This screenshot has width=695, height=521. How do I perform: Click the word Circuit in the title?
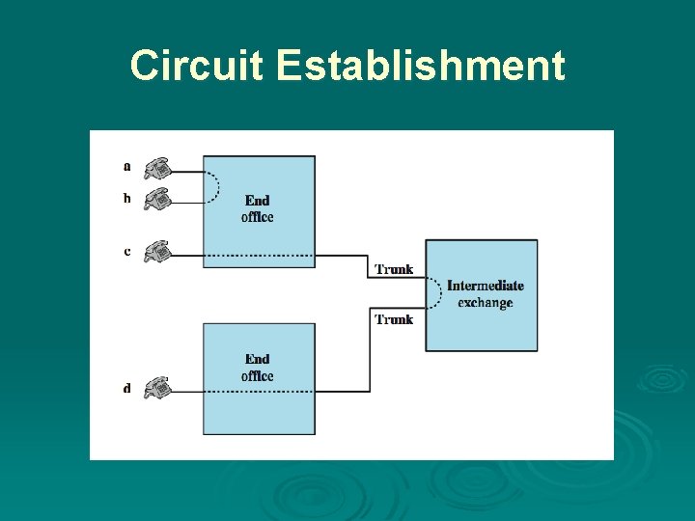(x=197, y=67)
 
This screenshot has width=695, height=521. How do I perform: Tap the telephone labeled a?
(x=157, y=169)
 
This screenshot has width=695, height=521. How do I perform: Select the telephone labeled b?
(x=157, y=199)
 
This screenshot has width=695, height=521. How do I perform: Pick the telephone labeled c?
(x=157, y=252)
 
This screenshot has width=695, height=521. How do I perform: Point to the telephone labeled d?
(x=157, y=389)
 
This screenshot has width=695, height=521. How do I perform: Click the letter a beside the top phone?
(x=127, y=166)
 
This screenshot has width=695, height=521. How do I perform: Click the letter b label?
(x=127, y=199)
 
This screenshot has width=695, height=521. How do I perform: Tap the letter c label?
(x=127, y=252)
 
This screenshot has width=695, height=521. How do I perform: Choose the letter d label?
(x=127, y=389)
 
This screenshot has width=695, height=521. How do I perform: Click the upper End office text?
(x=258, y=208)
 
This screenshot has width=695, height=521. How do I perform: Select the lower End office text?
(x=258, y=368)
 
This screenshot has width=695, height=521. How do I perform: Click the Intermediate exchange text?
(x=486, y=294)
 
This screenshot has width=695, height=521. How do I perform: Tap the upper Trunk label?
(x=394, y=269)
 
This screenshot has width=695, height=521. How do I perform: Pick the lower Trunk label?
(x=394, y=319)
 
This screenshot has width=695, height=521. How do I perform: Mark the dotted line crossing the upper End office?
(x=259, y=256)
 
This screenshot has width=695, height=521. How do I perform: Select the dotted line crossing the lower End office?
(x=259, y=391)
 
